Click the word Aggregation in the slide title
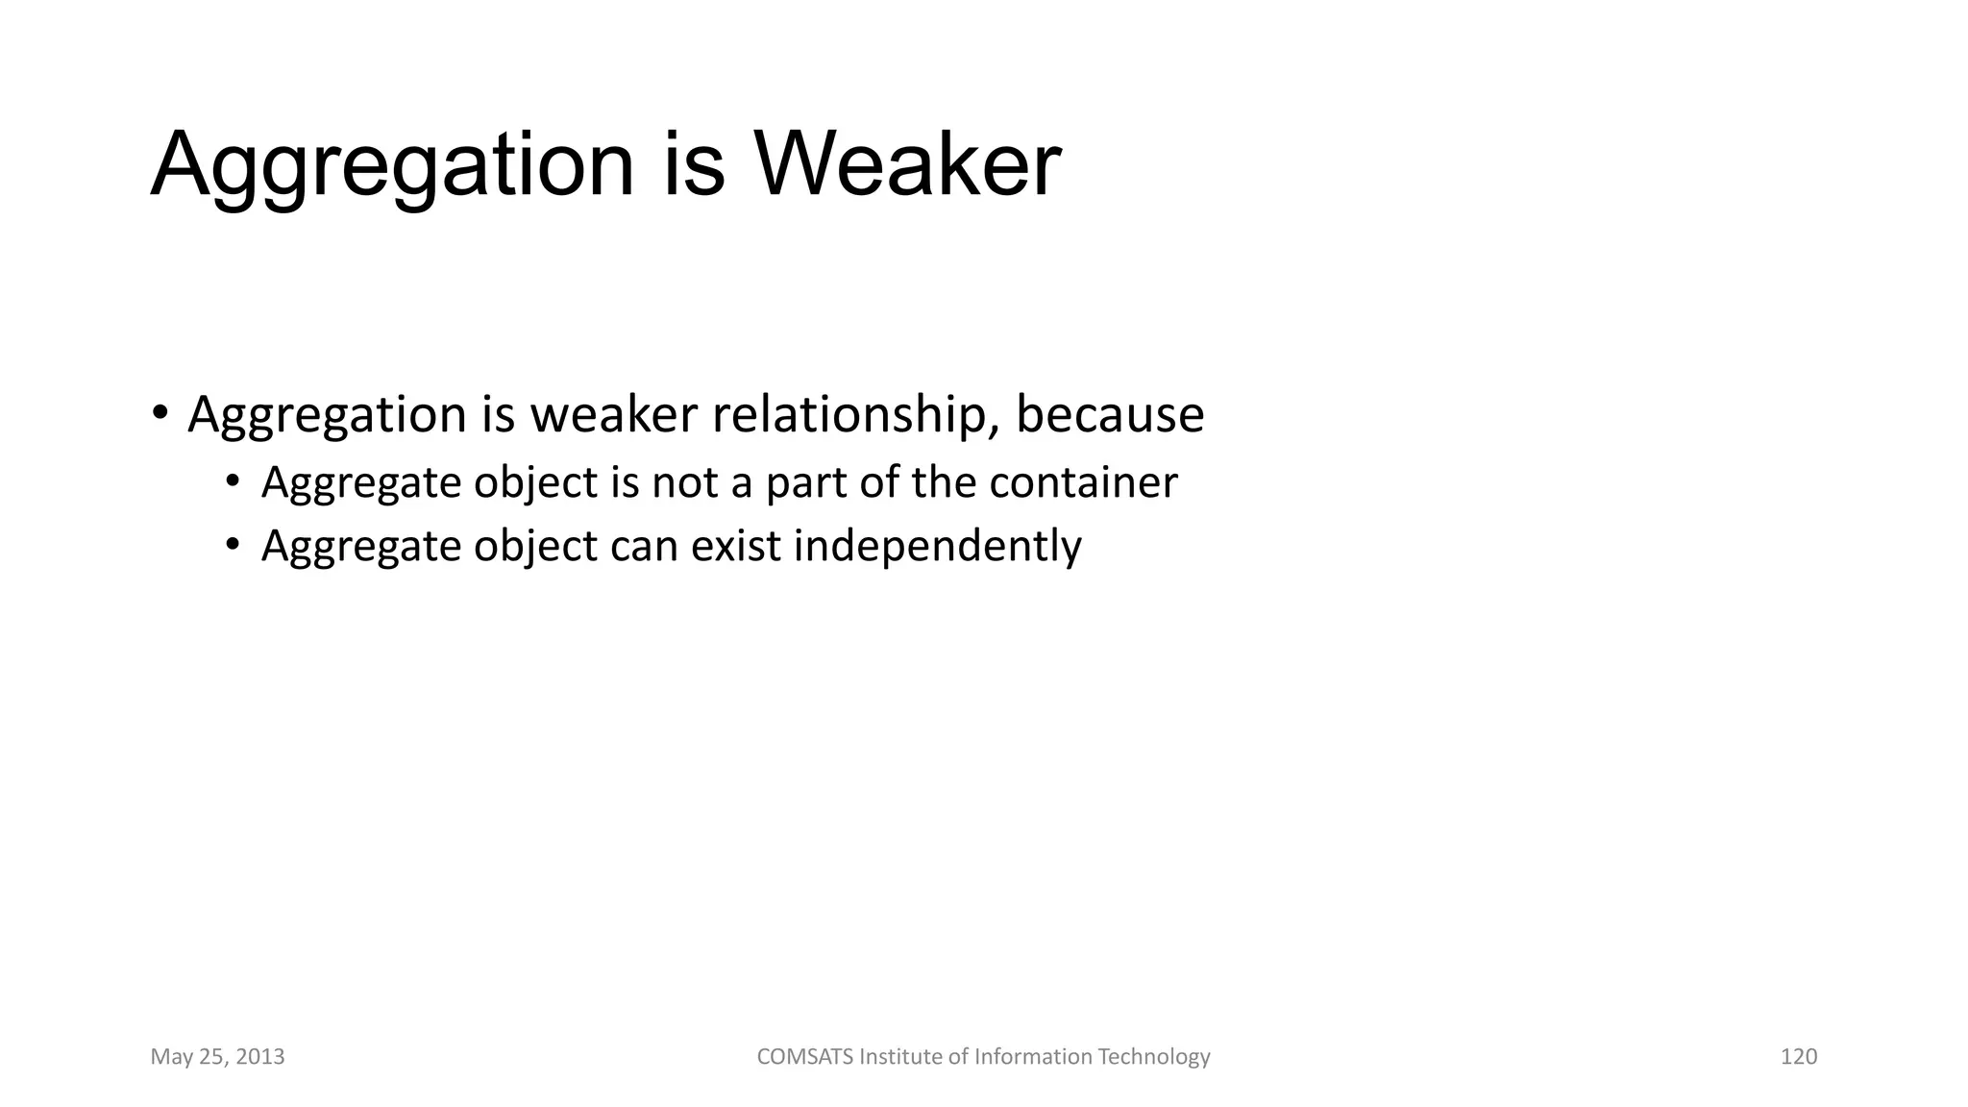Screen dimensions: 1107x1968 [392, 165]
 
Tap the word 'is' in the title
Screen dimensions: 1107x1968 [693, 165]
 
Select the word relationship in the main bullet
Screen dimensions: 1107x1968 [849, 415]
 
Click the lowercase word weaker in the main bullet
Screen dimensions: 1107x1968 [613, 415]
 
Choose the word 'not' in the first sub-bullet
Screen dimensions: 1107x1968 [684, 482]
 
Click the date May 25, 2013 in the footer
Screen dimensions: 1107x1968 [217, 1057]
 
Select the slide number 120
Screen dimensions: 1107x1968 [1798, 1057]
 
